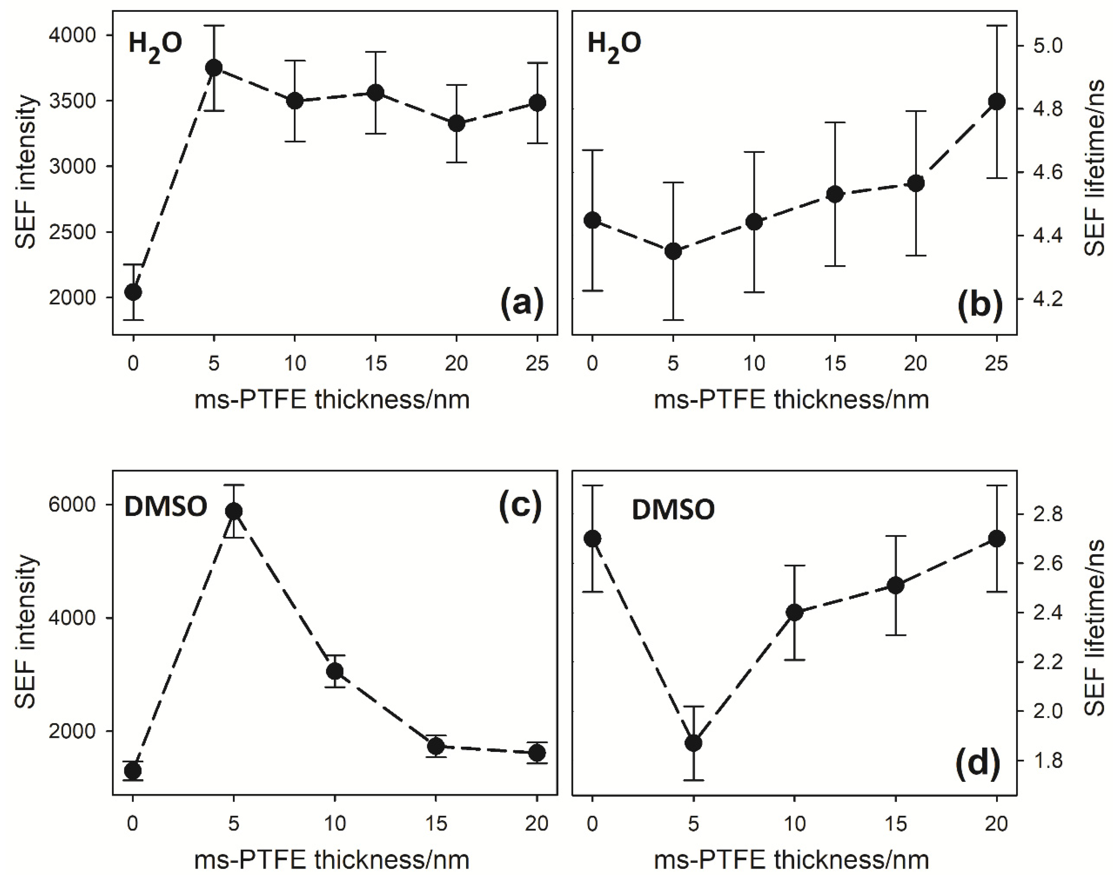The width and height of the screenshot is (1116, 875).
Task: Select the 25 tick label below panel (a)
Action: (536, 364)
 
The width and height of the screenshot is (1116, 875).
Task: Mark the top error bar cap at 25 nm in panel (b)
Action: (996, 25)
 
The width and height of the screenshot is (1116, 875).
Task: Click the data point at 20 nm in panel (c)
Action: (537, 752)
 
